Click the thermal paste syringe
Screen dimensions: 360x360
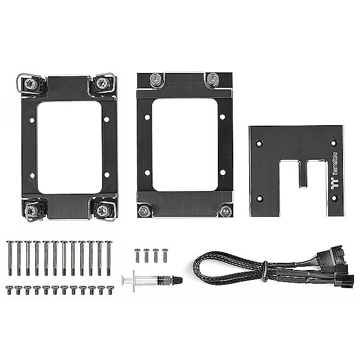point(152,280)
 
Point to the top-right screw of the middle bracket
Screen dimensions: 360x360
point(212,79)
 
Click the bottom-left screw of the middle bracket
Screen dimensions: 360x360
point(144,211)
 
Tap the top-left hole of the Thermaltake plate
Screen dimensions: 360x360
point(259,144)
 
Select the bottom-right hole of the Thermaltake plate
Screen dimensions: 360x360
point(334,197)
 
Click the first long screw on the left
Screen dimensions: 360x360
point(10,258)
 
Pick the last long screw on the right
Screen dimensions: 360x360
point(109,258)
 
